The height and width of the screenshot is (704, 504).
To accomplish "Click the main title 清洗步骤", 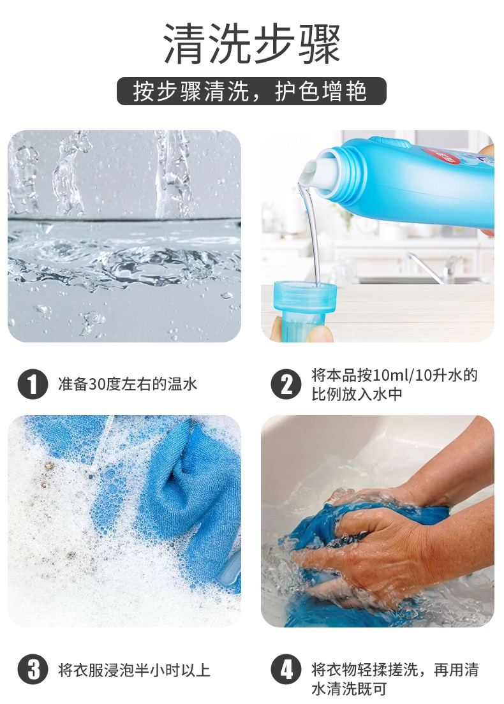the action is (251, 43).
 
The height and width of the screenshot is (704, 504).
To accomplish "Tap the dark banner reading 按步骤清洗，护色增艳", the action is (251, 91).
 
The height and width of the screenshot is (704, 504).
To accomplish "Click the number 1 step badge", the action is (33, 385).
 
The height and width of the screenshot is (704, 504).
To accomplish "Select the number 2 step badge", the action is (286, 385).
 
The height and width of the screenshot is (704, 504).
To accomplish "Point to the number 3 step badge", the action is (33, 670).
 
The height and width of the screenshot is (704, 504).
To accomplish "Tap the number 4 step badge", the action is (286, 670).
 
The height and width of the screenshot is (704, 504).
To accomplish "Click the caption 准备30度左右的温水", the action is (128, 385).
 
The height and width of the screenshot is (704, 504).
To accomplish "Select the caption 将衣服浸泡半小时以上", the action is (134, 670).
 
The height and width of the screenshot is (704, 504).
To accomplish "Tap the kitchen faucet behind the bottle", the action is (436, 268).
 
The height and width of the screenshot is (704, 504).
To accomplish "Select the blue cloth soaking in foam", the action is (180, 494).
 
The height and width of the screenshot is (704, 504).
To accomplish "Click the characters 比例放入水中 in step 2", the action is (357, 394).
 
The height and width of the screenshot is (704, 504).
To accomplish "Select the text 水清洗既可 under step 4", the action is (348, 689).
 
